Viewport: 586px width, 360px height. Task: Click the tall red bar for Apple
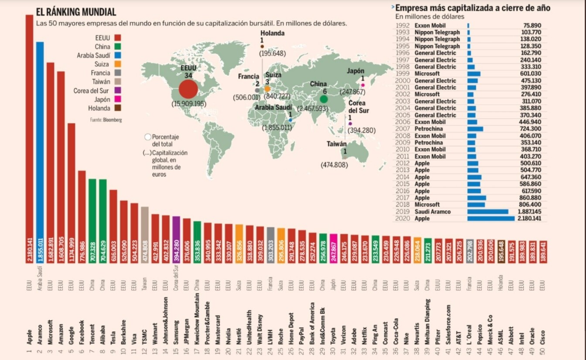point(29,131)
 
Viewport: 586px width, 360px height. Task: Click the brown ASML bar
point(501,251)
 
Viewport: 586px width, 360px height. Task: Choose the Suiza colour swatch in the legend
point(118,64)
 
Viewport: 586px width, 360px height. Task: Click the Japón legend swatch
point(118,99)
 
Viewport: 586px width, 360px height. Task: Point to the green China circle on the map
point(324,99)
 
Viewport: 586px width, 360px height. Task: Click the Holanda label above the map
point(273,33)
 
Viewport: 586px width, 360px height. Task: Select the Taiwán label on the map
point(337,144)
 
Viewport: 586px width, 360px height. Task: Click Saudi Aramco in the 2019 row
point(433,212)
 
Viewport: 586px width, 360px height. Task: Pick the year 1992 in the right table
point(402,25)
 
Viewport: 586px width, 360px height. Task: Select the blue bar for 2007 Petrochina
point(475,129)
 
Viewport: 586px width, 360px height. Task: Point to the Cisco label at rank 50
point(542,336)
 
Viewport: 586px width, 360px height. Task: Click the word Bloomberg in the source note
point(112,120)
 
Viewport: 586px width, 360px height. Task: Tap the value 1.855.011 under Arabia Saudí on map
point(277,127)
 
